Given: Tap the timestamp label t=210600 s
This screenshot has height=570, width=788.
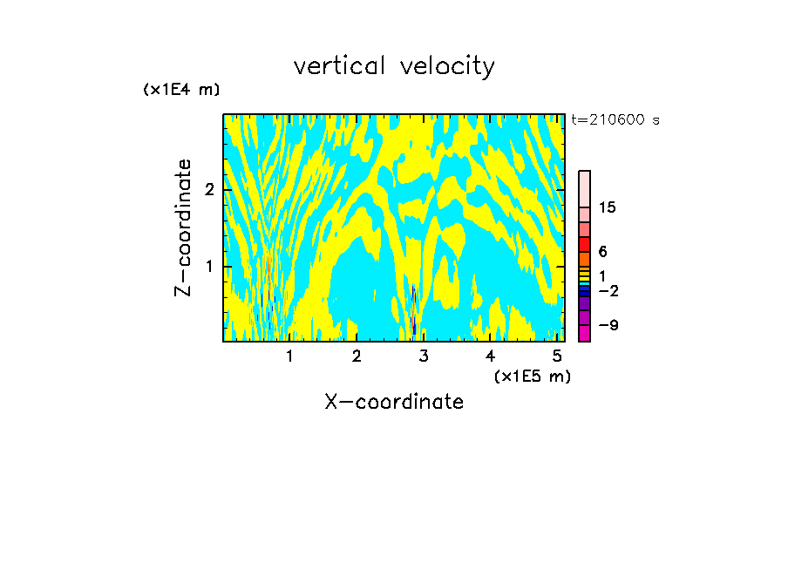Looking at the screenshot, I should pos(615,120).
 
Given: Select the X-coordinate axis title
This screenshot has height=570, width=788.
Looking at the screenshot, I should pos(394,402).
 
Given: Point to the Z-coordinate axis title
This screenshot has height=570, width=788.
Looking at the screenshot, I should pos(183,227).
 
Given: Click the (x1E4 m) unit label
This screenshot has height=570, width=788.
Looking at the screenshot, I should pos(181,90).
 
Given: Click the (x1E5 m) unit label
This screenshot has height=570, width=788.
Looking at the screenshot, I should pos(532,376).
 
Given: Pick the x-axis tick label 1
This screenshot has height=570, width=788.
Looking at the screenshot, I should pos(289,356).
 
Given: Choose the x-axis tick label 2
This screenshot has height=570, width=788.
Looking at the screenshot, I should pos(357,356).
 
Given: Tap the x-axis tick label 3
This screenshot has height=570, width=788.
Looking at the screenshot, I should pos(424,356).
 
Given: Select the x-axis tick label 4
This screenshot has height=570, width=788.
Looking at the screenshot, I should pos(491,356).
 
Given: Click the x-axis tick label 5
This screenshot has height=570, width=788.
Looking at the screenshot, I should pos(557,356).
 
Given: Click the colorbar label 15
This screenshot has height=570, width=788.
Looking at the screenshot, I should pos(608,207).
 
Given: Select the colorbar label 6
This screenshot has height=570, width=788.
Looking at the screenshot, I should pos(602,252).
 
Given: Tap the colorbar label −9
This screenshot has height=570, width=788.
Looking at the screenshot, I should pos(608,325).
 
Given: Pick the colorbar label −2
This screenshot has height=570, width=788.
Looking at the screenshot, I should pos(608,291).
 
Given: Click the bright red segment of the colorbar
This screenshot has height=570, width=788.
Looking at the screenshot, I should pos(584,244).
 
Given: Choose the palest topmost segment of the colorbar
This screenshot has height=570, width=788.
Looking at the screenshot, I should pos(584,189).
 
